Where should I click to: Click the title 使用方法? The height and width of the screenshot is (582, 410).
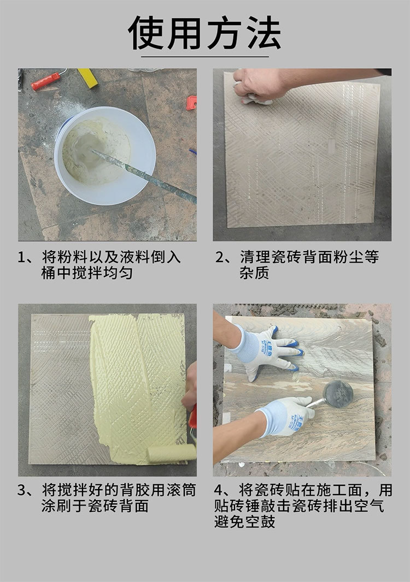click(204, 33)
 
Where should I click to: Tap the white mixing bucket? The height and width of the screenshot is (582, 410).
click(105, 156)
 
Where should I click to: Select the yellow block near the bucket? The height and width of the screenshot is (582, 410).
click(87, 78)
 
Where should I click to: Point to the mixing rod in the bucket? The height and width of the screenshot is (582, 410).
click(144, 176)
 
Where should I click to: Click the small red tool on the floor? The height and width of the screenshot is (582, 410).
click(191, 103)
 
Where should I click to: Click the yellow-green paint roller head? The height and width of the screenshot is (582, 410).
click(172, 453)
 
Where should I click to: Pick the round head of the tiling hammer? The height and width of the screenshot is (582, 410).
click(338, 394)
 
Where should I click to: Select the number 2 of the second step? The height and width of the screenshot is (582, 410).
click(220, 257)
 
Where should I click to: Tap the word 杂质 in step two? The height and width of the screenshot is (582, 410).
click(254, 273)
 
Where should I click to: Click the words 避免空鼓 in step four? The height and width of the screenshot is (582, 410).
click(244, 522)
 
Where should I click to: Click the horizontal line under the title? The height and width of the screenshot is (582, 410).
click(205, 57)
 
